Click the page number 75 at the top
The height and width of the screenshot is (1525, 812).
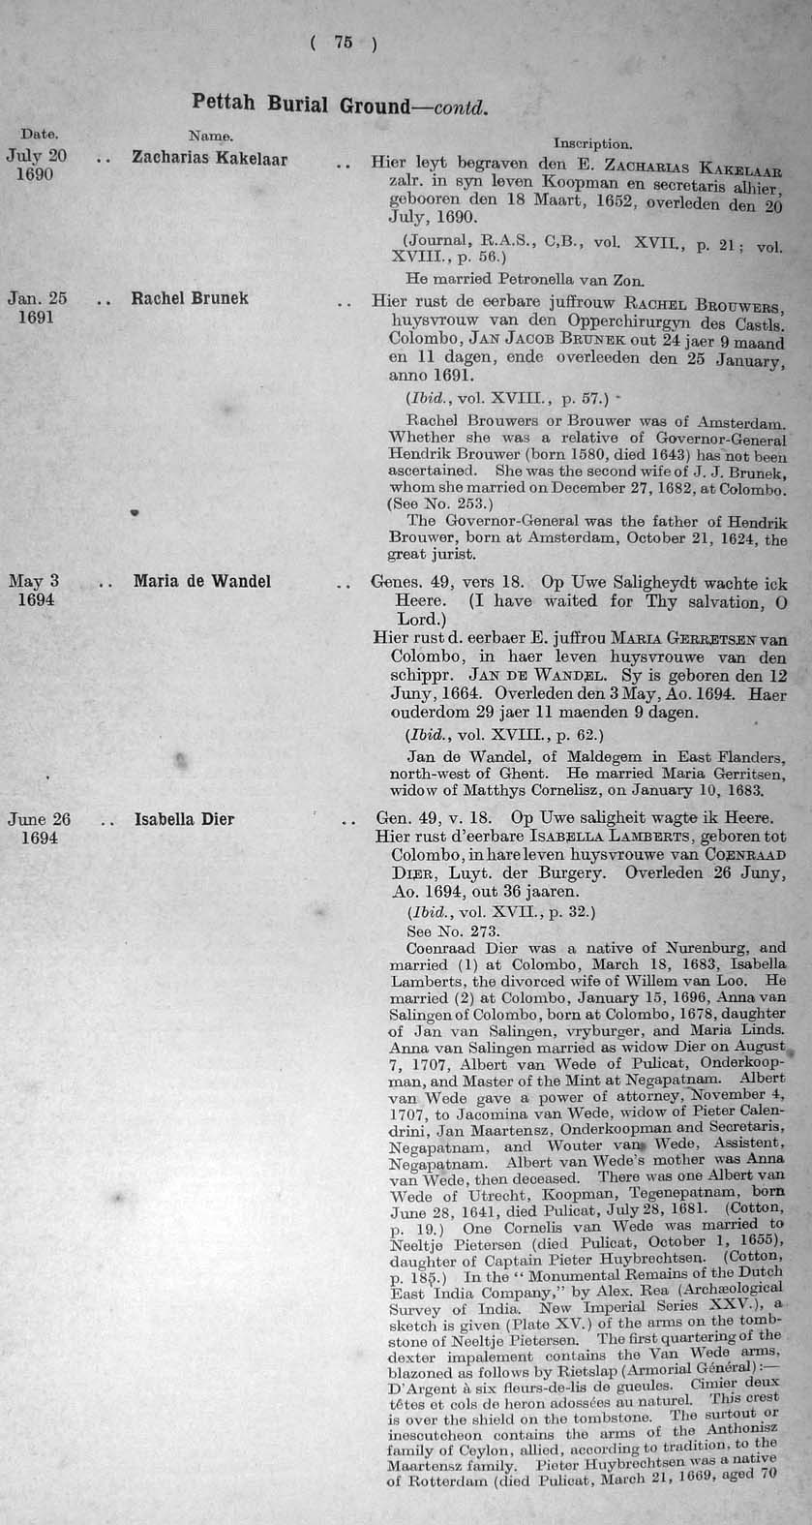click(x=344, y=42)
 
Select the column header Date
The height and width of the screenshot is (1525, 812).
click(x=40, y=135)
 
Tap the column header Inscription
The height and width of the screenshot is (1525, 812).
click(x=592, y=143)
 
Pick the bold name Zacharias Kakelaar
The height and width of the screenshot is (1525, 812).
click(x=209, y=158)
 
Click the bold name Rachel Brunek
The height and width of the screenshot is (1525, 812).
click(x=190, y=298)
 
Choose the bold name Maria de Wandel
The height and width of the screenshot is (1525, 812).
click(x=202, y=581)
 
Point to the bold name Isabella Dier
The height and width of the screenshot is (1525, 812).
click(x=184, y=819)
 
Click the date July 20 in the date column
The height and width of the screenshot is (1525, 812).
click(x=36, y=155)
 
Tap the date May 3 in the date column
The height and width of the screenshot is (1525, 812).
click(x=34, y=581)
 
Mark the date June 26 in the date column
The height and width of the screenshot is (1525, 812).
click(x=39, y=819)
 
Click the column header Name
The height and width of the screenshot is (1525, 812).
click(x=210, y=137)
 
